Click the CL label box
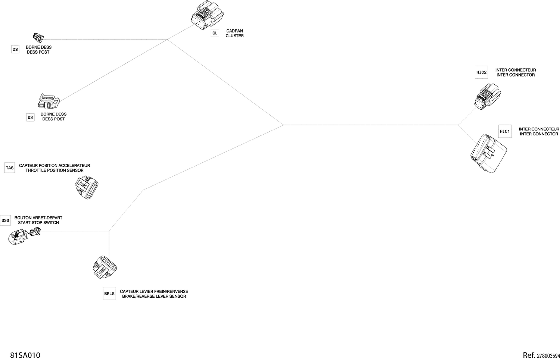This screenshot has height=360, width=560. tap(215, 33)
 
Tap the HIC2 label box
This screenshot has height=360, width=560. tap(481, 72)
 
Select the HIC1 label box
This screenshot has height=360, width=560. tap(505, 131)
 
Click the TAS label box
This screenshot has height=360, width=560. tap(9, 168)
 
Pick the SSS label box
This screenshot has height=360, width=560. tap(5, 220)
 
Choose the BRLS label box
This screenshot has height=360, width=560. tap(109, 294)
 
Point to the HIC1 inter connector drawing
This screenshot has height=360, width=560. tap(488, 154)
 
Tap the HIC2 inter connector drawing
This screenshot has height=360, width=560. tap(488, 97)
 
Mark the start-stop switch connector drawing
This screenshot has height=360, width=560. tap(24, 236)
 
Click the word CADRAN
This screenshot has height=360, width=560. tap(234, 31)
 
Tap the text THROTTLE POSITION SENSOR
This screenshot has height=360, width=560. tap(55, 170)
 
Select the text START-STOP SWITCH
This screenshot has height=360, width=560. tap(38, 223)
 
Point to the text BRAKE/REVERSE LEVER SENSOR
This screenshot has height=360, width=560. tap(154, 296)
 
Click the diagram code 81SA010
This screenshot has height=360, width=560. tap(25, 355)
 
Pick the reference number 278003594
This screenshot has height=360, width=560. tap(548, 356)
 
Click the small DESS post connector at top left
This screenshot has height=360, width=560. tap(38, 37)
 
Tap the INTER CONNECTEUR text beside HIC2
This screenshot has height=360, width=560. tap(516, 70)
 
